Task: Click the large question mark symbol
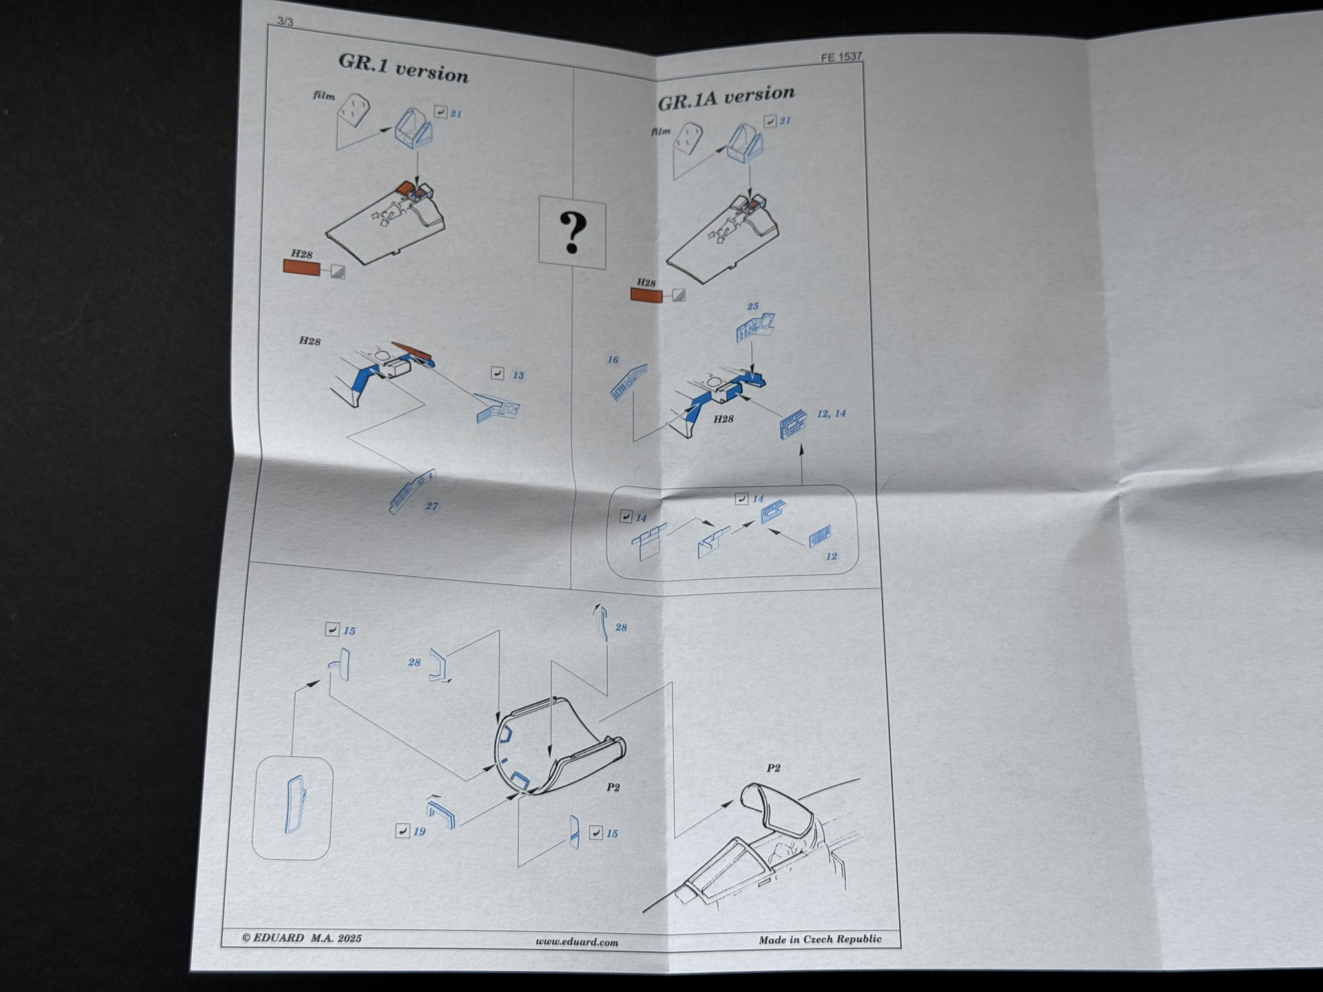click(572, 233)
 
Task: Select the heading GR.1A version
click(726, 98)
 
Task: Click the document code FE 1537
click(841, 57)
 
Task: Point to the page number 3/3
click(285, 21)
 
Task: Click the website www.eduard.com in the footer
click(576, 942)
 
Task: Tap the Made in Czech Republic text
click(820, 939)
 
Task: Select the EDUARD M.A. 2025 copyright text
click(302, 938)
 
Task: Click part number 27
click(432, 506)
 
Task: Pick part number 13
click(518, 375)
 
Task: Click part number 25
click(753, 306)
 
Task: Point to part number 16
click(613, 360)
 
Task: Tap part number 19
click(419, 831)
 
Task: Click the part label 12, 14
click(831, 413)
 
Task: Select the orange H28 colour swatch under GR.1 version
click(302, 268)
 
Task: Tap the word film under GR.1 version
click(324, 96)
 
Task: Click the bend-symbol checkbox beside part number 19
click(402, 831)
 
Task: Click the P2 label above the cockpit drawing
click(773, 768)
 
